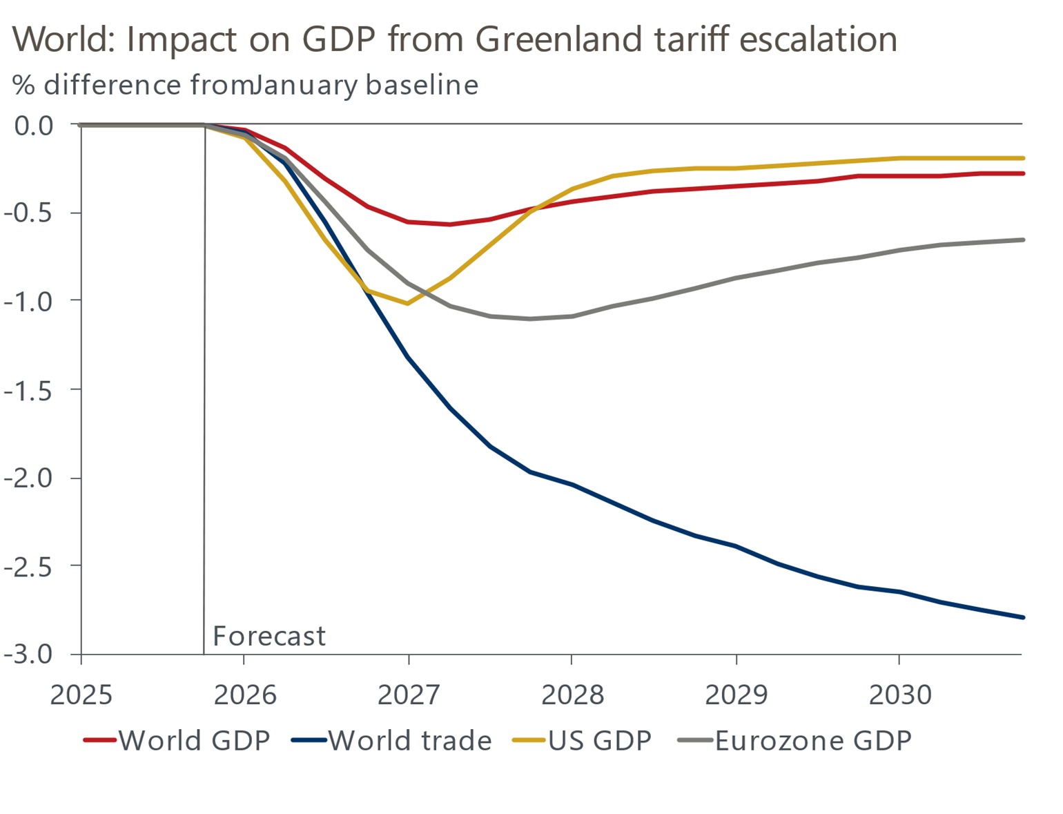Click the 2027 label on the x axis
[408, 695]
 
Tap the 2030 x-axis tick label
[899, 695]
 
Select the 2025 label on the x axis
[81, 695]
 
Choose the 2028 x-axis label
[572, 695]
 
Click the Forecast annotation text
[269, 636]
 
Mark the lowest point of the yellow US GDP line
[408, 304]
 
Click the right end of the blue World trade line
[1022, 617]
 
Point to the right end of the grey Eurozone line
[1022, 240]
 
